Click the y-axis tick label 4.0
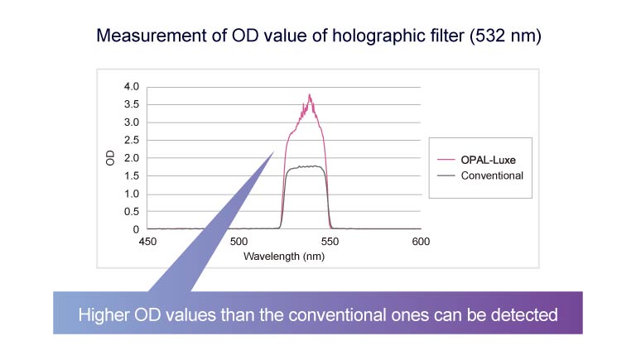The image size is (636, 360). point(132,86)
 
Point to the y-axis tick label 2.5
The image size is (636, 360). point(132,140)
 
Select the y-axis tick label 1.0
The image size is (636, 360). point(132,194)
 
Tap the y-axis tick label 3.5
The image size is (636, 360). point(132,104)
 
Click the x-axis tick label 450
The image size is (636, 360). point(147,242)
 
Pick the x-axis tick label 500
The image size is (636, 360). point(238,242)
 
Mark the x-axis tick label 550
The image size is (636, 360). point(330,242)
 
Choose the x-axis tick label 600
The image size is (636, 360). point(421,242)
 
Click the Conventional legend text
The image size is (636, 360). point(493,175)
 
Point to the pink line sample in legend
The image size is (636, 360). point(447,161)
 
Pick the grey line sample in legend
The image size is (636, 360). point(447,175)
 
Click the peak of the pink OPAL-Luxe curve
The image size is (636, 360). point(310,95)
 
